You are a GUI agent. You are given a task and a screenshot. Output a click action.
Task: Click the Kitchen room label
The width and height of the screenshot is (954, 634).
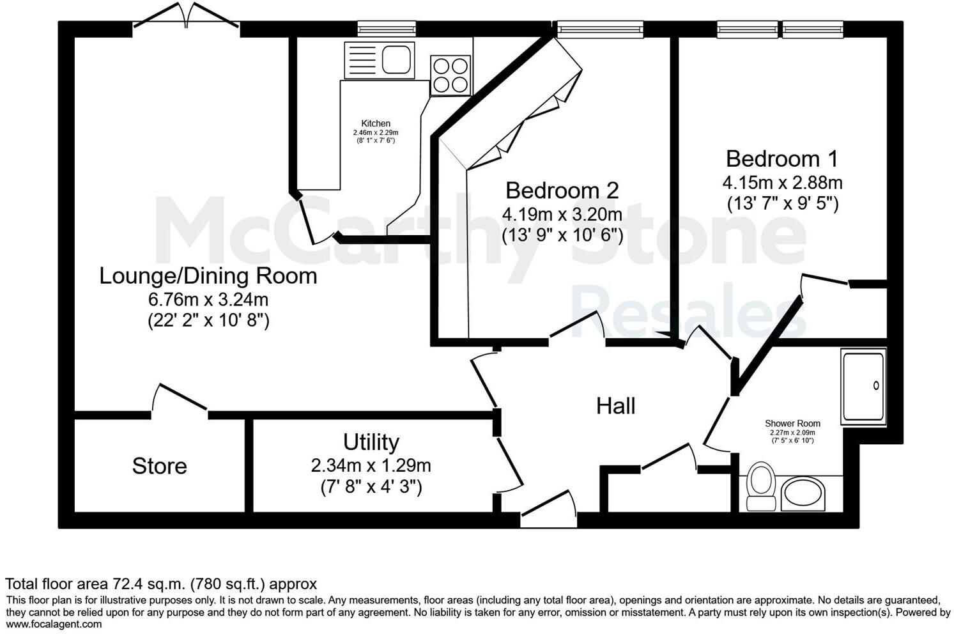(x=376, y=123)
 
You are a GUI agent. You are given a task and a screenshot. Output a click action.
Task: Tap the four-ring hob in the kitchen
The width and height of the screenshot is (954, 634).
(x=450, y=75)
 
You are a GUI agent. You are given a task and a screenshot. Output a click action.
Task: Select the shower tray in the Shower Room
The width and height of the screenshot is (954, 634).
(x=864, y=386)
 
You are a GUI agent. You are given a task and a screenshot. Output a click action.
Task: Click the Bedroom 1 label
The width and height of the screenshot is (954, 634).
(x=782, y=158)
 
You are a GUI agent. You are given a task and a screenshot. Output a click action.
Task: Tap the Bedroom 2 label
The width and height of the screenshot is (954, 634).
(x=562, y=190)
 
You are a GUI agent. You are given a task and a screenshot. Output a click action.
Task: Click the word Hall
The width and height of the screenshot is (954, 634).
(x=615, y=406)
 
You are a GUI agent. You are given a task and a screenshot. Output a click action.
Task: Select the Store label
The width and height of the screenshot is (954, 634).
(x=159, y=466)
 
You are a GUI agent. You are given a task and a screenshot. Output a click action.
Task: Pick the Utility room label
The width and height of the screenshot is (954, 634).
(x=371, y=442)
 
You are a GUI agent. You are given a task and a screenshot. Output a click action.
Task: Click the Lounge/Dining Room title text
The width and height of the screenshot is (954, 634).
(x=208, y=276)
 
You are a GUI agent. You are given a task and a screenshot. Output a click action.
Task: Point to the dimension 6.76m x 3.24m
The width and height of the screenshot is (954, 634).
(x=208, y=299)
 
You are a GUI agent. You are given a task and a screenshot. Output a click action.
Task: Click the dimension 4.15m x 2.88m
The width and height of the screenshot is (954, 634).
(x=782, y=183)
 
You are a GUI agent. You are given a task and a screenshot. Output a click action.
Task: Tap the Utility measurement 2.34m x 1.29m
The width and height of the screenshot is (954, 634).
(x=371, y=465)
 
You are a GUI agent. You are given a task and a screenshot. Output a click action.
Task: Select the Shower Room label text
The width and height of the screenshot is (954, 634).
(x=792, y=423)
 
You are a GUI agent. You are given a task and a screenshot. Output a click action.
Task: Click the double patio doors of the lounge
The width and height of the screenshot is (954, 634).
(x=186, y=16)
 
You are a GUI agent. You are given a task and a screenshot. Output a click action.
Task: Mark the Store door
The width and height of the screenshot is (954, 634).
(x=180, y=398)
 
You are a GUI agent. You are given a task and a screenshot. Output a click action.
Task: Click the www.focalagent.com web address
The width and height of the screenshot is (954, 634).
(x=54, y=624)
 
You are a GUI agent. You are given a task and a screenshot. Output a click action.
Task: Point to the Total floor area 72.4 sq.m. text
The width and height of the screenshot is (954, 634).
(x=161, y=584)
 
